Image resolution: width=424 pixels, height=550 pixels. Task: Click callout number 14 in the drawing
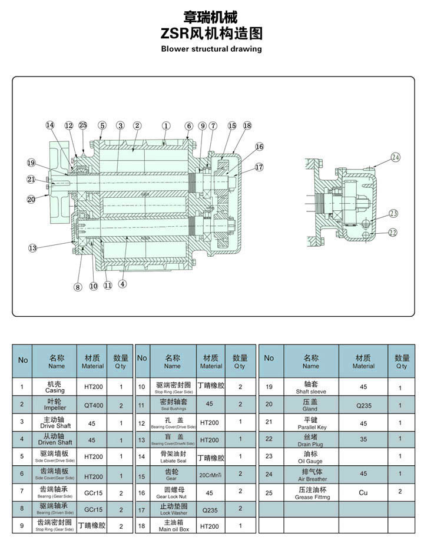click(50, 125)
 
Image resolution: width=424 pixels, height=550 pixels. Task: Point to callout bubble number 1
click(166, 125)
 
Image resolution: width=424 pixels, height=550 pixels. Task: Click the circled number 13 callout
click(32, 248)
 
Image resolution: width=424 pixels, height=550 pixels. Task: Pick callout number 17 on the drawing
click(259, 167)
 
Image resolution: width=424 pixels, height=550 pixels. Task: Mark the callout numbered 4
click(122, 283)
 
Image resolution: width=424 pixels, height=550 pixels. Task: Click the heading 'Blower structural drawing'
click(211, 49)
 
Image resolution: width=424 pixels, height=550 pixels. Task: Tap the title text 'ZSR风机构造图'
click(211, 33)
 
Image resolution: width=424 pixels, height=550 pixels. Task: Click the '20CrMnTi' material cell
click(211, 475)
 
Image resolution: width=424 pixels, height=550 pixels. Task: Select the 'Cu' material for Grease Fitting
click(363, 492)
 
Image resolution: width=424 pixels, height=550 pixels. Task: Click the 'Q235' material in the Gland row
click(363, 405)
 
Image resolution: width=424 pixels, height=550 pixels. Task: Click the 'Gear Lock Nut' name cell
click(172, 493)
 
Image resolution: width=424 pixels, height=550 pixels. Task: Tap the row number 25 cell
click(269, 492)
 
